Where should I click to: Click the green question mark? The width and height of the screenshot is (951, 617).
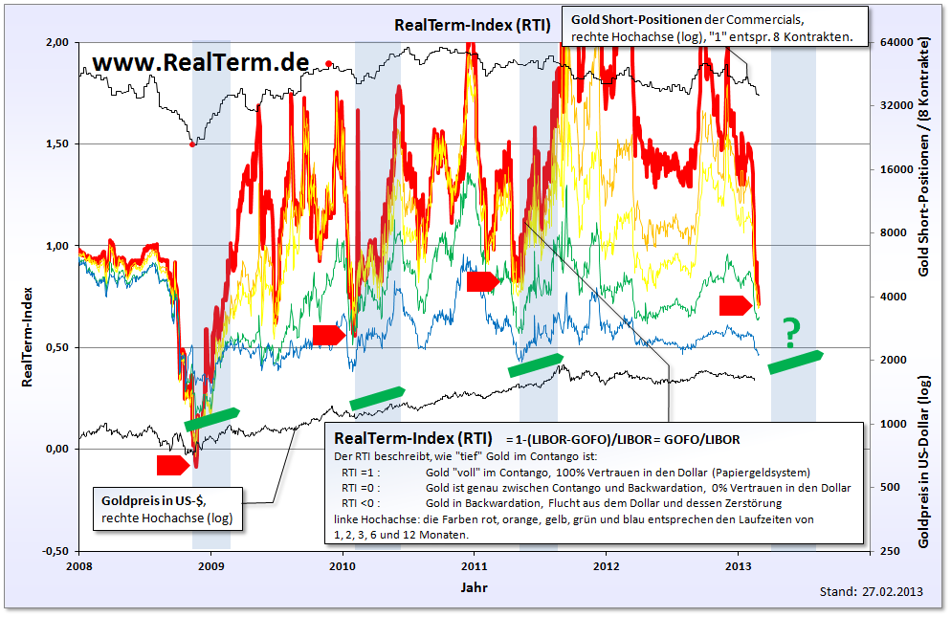coord(791,331)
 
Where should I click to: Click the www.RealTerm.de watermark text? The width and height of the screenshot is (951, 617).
coord(201,62)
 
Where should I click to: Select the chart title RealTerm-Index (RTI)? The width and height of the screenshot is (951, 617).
coord(473,26)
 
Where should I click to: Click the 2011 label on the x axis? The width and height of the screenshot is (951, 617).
coord(474,565)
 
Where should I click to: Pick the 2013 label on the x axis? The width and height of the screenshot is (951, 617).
coord(738,565)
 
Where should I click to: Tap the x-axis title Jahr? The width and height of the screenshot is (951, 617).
coord(474,585)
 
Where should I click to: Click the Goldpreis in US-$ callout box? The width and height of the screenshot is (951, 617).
coord(169,509)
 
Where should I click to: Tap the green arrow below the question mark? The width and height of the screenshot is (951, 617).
coord(795,363)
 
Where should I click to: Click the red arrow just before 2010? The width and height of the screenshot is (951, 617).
coord(328,334)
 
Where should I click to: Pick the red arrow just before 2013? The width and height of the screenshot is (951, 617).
coord(736,305)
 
